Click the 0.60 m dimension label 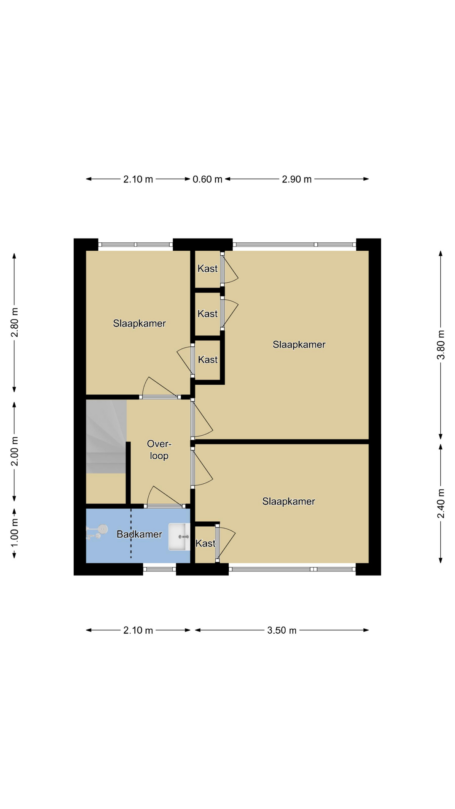point(207,179)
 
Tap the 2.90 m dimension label point(297,179)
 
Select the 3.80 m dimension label point(441,345)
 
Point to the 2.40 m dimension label point(441,504)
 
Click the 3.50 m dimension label point(282,630)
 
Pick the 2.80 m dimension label point(14,323)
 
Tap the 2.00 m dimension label point(14,451)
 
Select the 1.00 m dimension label point(14,533)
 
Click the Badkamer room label point(139,534)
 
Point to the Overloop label point(159,450)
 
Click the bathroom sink point(179,537)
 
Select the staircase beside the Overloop point(106,437)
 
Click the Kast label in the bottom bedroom point(206,544)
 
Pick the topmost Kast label point(208,268)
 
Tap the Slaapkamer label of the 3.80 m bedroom point(299,345)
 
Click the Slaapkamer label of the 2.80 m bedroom point(139,324)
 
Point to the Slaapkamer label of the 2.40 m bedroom point(289,501)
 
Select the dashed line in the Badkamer point(131,533)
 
